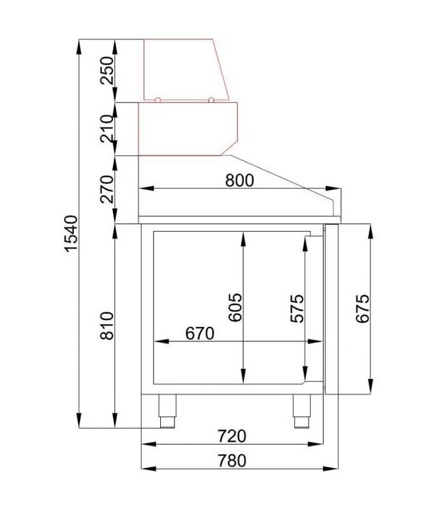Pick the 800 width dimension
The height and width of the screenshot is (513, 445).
point(239,180)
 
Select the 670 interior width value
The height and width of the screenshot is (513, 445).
point(200,333)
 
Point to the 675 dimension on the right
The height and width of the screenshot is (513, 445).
point(363,308)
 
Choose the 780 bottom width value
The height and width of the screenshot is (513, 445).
point(232,461)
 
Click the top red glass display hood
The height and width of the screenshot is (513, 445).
point(185,68)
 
